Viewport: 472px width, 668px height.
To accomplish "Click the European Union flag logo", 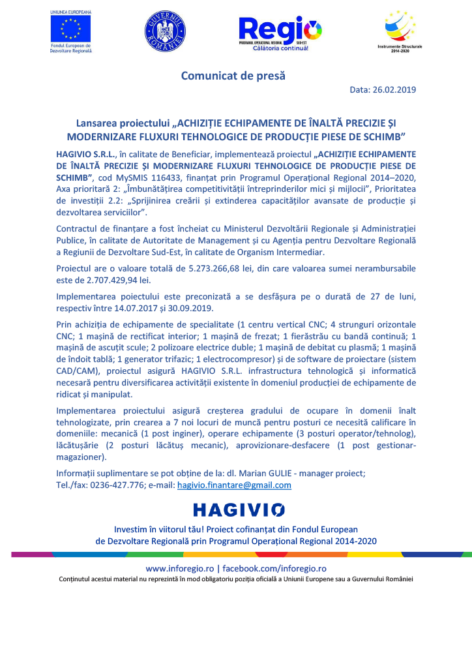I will (71, 28).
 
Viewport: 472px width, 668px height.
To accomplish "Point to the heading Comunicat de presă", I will (233, 76).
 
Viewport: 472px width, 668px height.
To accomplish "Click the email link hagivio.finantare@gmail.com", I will (234, 485).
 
